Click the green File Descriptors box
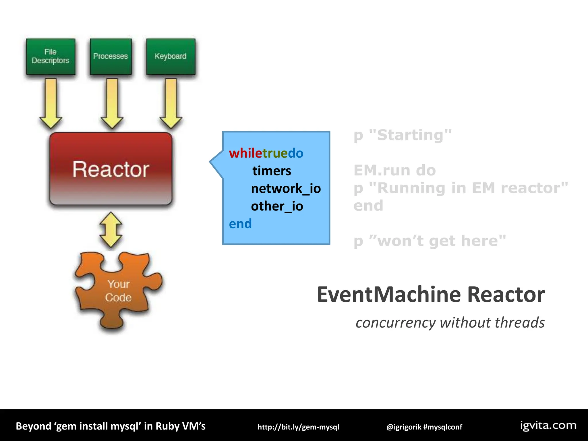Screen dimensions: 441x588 coord(51,57)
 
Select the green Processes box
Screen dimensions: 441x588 coord(111,57)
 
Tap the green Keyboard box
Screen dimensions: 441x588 coord(171,57)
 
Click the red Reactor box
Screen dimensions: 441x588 coord(111,169)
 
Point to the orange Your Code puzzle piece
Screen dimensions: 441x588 coord(118,290)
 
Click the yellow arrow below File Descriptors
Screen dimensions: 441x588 coord(51,103)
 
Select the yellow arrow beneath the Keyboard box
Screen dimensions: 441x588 coord(171,103)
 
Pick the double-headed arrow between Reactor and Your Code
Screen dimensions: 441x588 coord(111,230)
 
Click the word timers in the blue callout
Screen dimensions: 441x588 coord(272,171)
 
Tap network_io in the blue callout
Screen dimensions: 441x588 coord(286,189)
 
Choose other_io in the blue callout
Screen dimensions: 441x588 coord(277,206)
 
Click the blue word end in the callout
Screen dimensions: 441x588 coord(240,224)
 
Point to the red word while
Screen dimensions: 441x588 coord(245,153)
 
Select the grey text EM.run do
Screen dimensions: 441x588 coord(394,170)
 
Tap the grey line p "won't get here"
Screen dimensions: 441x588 coord(430,241)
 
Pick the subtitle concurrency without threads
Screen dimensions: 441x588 coord(450,322)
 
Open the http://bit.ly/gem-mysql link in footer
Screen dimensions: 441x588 coord(298,427)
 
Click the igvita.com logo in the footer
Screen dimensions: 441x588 coord(548,425)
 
